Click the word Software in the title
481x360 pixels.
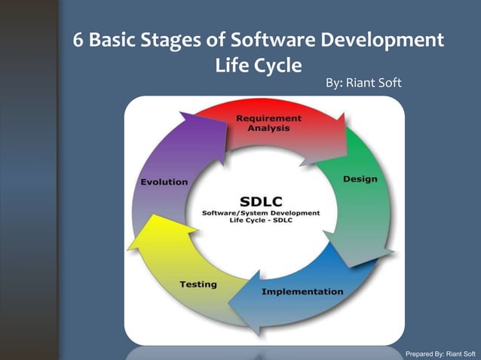pyautogui.click(x=280, y=39)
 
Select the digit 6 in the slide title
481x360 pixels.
pyautogui.click(x=78, y=39)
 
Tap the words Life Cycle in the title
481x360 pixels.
pyautogui.click(x=259, y=65)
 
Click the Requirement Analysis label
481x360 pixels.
pyautogui.click(x=268, y=124)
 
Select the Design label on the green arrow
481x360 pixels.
pyautogui.click(x=360, y=179)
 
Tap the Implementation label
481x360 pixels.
pyautogui.click(x=302, y=291)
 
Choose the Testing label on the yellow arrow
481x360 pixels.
pyautogui.click(x=198, y=284)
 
